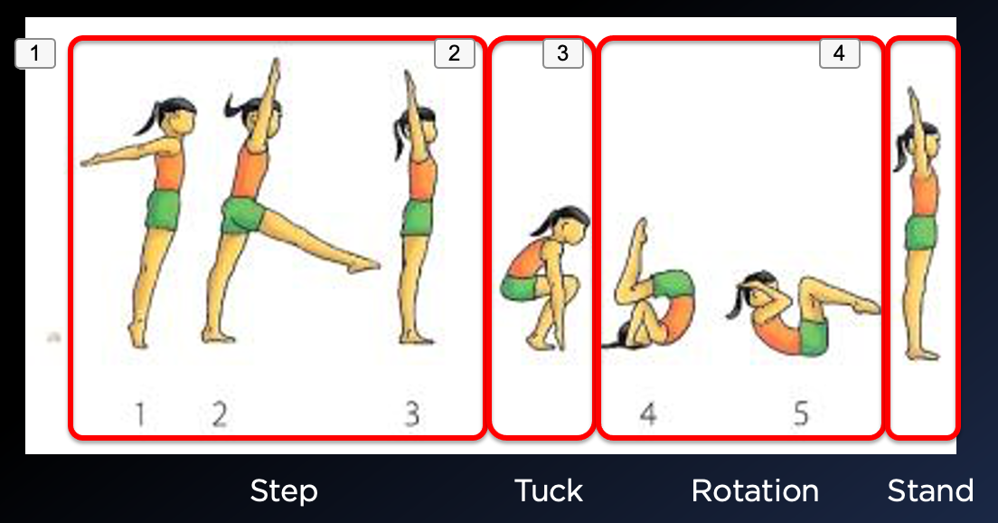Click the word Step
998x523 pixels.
tap(284, 491)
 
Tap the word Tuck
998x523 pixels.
tap(548, 490)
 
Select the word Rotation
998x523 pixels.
tap(755, 490)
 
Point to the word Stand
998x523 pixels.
tap(930, 490)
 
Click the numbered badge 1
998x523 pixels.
tap(35, 52)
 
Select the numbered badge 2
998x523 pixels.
tap(455, 52)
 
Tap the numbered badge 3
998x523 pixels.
tap(562, 52)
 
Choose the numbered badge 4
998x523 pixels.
tap(840, 52)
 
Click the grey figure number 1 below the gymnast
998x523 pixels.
tap(140, 414)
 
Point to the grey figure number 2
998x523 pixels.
tap(220, 414)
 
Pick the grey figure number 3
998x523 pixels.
tap(412, 414)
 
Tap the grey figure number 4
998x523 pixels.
tap(648, 414)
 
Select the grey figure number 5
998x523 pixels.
tap(801, 414)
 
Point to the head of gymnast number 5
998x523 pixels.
tap(758, 290)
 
